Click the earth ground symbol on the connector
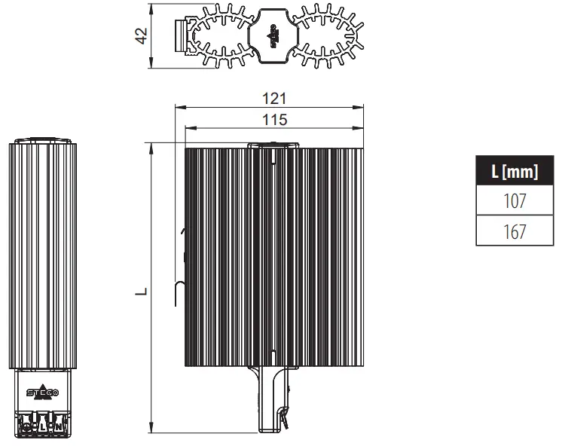click(x=28, y=427)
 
